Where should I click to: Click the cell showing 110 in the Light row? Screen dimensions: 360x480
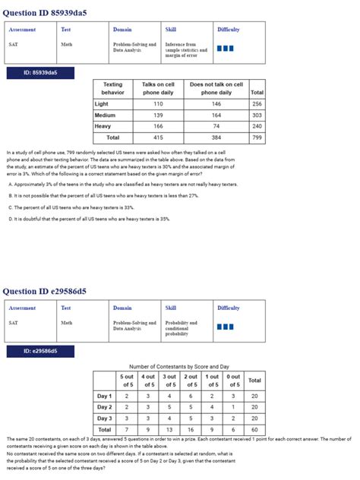point(158,104)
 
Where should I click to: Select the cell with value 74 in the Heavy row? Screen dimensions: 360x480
point(216,126)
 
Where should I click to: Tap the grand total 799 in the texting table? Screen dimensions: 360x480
point(257,137)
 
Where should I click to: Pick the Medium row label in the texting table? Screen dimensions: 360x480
point(105,115)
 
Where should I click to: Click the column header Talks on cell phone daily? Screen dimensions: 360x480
point(158,89)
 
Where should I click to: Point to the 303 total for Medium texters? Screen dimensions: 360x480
point(257,115)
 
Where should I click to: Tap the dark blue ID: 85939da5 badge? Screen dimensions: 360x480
point(39,73)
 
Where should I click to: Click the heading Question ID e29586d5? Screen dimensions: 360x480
point(45,291)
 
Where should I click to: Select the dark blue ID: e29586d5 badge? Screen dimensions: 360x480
point(39,351)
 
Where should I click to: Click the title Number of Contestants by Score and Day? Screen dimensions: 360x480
point(179,366)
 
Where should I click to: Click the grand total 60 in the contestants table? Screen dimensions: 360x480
point(254,430)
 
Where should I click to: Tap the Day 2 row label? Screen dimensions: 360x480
point(104,407)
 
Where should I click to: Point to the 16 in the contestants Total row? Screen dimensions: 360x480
point(191,430)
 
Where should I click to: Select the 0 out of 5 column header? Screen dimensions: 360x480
point(233,381)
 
